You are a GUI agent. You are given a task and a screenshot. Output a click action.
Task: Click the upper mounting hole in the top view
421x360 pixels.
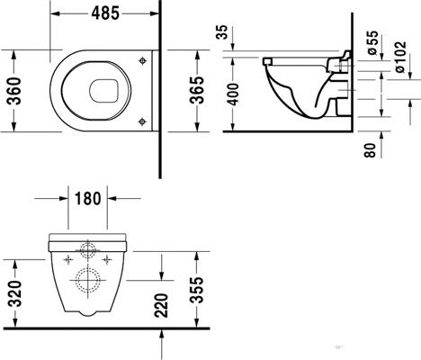tap(142, 58)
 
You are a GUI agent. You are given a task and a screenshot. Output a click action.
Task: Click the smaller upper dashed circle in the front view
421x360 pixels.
tap(89, 249)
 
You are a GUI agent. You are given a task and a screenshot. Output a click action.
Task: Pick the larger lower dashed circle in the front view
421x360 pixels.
tap(89, 278)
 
